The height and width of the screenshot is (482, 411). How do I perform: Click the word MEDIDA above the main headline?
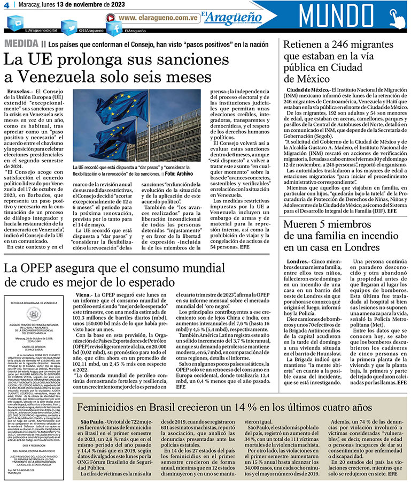pos(21,43)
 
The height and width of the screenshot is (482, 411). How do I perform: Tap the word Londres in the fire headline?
pos(358,247)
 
